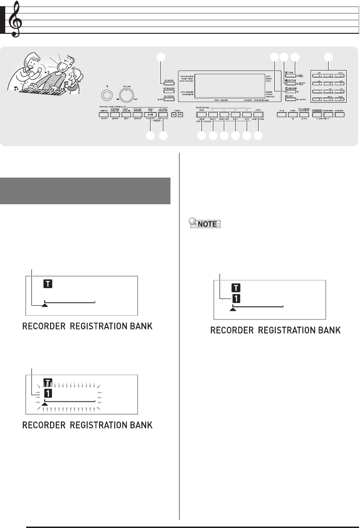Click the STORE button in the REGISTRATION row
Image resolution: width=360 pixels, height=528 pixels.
tap(258, 115)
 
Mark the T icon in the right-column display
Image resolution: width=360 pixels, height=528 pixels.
tap(236, 288)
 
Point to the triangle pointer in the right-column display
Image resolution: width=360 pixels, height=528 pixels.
tap(233, 309)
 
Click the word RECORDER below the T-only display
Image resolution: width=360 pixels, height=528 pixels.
tap(41, 327)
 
